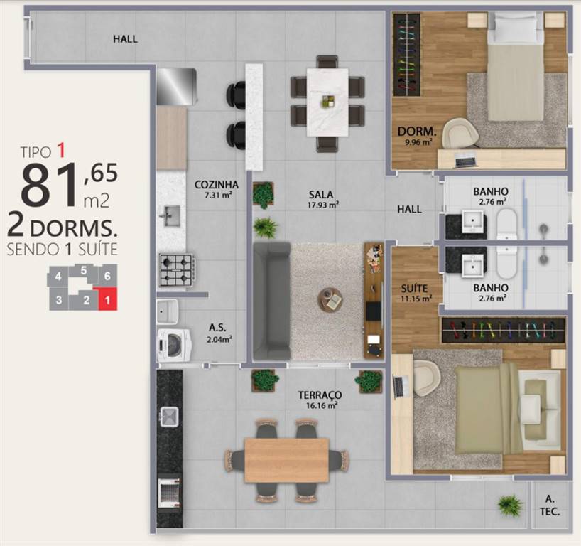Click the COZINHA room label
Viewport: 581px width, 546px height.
[x=217, y=185]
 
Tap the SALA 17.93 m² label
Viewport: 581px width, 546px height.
[x=321, y=199]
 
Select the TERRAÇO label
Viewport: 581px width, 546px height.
[x=320, y=395]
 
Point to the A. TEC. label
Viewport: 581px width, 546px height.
[x=550, y=505]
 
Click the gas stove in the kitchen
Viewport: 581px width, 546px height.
[x=176, y=270]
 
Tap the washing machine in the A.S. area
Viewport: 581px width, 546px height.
[x=174, y=345]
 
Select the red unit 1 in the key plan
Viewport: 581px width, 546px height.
[x=107, y=299]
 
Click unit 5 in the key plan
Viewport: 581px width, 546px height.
[x=84, y=271]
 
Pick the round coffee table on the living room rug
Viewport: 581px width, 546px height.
[x=330, y=299]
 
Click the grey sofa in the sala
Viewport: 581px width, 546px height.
[x=272, y=301]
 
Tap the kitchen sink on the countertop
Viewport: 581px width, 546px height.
[x=170, y=216]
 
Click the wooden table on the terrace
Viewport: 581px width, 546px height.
[x=286, y=460]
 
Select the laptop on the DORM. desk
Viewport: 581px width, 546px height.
[x=465, y=161]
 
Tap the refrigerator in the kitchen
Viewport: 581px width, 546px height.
[x=176, y=87]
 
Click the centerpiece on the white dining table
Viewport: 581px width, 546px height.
[x=328, y=101]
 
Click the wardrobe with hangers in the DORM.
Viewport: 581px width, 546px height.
[x=407, y=55]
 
